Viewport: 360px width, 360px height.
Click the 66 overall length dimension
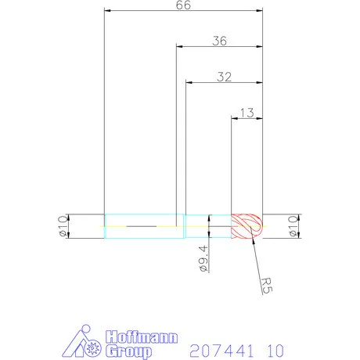(184, 5)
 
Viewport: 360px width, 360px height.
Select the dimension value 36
(219, 41)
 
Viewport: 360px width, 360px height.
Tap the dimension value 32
(223, 77)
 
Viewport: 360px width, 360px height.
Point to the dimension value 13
(246, 113)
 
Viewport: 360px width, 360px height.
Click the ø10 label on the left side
(59, 226)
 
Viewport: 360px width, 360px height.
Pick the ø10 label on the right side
(293, 226)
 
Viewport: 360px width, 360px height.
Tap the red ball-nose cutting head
(247, 226)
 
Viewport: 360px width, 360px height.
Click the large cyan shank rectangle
(143, 226)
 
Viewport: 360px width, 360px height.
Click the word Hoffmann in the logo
(131, 335)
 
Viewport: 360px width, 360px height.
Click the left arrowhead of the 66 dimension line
(108, 12)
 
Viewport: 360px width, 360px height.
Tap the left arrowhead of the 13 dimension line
(234, 119)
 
